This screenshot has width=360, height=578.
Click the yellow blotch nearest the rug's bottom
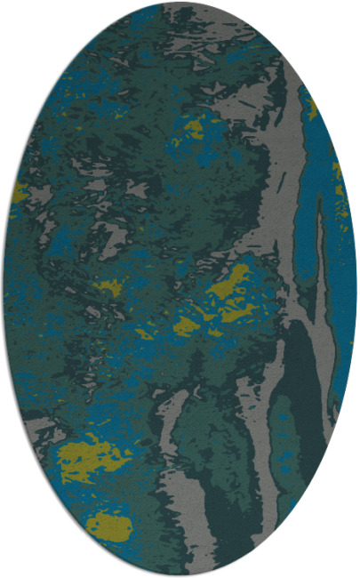[109, 526]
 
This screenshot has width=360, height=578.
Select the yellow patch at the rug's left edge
[20, 191]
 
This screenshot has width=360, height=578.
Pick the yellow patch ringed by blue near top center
[192, 129]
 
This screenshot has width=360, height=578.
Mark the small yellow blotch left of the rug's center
[109, 287]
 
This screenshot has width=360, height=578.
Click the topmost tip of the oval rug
[180, 3]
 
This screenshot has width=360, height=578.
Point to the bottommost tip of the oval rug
[180, 575]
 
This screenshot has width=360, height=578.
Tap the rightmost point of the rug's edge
[356, 289]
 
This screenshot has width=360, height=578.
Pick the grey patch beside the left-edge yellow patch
[40, 200]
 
